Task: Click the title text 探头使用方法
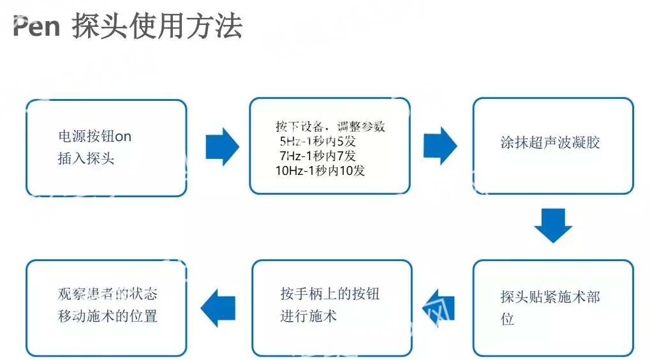[157, 26]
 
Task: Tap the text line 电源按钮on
[95, 136]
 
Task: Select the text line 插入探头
[86, 158]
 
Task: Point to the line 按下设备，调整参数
[330, 126]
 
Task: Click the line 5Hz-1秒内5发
[318, 141]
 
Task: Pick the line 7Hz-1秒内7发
[318, 156]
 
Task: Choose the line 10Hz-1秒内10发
[320, 170]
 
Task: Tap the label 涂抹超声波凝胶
[550, 142]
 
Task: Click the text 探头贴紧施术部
[550, 297]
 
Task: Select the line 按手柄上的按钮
[330, 294]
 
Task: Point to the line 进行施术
[309, 316]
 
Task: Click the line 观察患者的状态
[108, 294]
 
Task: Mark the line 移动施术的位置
[108, 316]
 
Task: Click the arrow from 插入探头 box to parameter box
[223, 147]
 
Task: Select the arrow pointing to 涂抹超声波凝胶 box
[440, 146]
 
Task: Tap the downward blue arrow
[553, 225]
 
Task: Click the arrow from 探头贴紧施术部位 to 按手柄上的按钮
[438, 308]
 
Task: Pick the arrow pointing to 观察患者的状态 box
[218, 308]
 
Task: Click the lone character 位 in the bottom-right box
[507, 319]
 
